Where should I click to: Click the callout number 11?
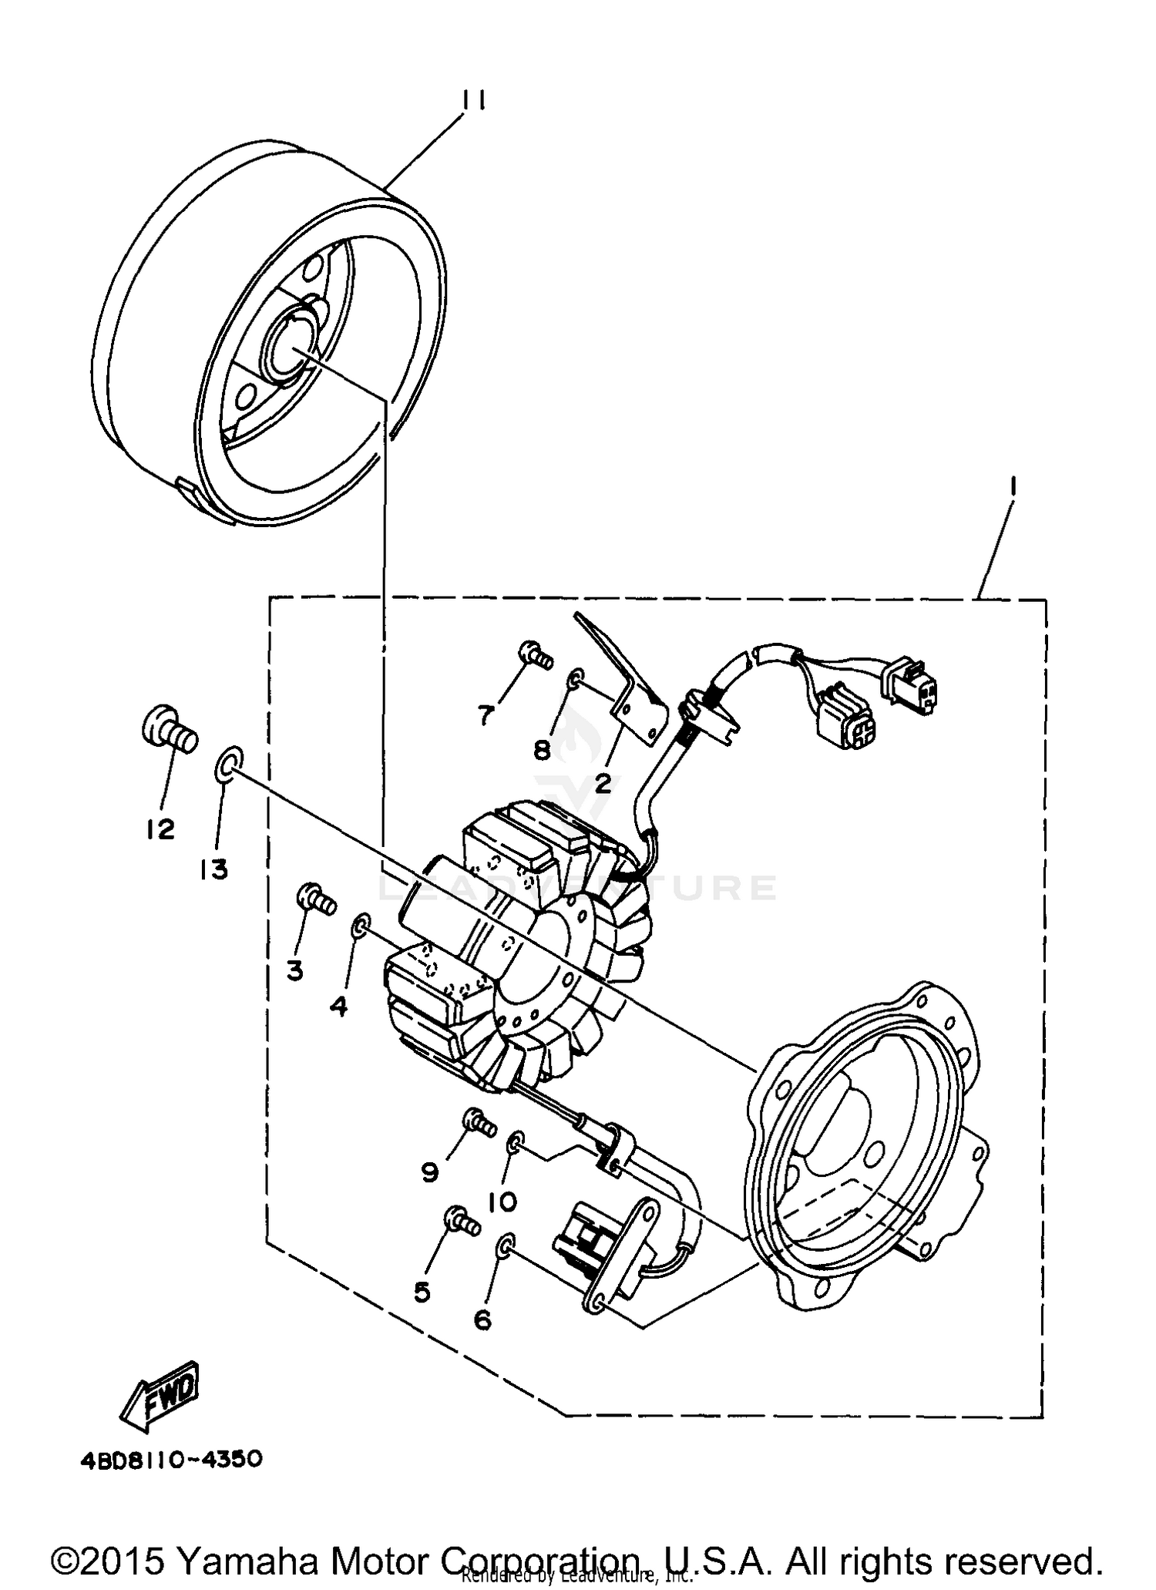472,101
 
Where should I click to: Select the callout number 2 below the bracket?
602,784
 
